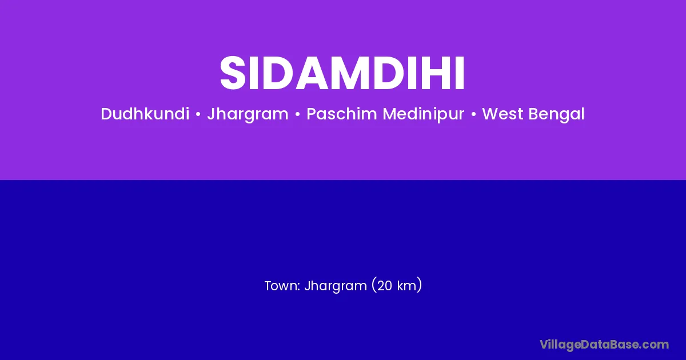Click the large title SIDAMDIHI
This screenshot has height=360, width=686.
pos(342,73)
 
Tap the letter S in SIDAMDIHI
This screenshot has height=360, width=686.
pos(233,73)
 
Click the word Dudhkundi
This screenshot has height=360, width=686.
pos(145,114)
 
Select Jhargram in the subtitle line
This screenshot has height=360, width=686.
pos(248,114)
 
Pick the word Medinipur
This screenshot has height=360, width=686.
pos(424,114)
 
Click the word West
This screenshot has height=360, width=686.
pos(502,114)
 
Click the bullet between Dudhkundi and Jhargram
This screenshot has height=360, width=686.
pos(198,114)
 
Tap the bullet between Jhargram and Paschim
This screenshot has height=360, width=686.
pos(297,114)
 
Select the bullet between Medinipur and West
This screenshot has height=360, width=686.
pos(473,114)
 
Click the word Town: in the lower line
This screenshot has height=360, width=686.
pos(282,286)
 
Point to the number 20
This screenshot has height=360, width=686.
pos(384,286)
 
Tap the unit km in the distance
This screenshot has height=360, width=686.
pos(406,286)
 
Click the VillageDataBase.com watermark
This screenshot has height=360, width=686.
pos(604,345)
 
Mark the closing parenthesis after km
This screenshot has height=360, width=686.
pos(419,285)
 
